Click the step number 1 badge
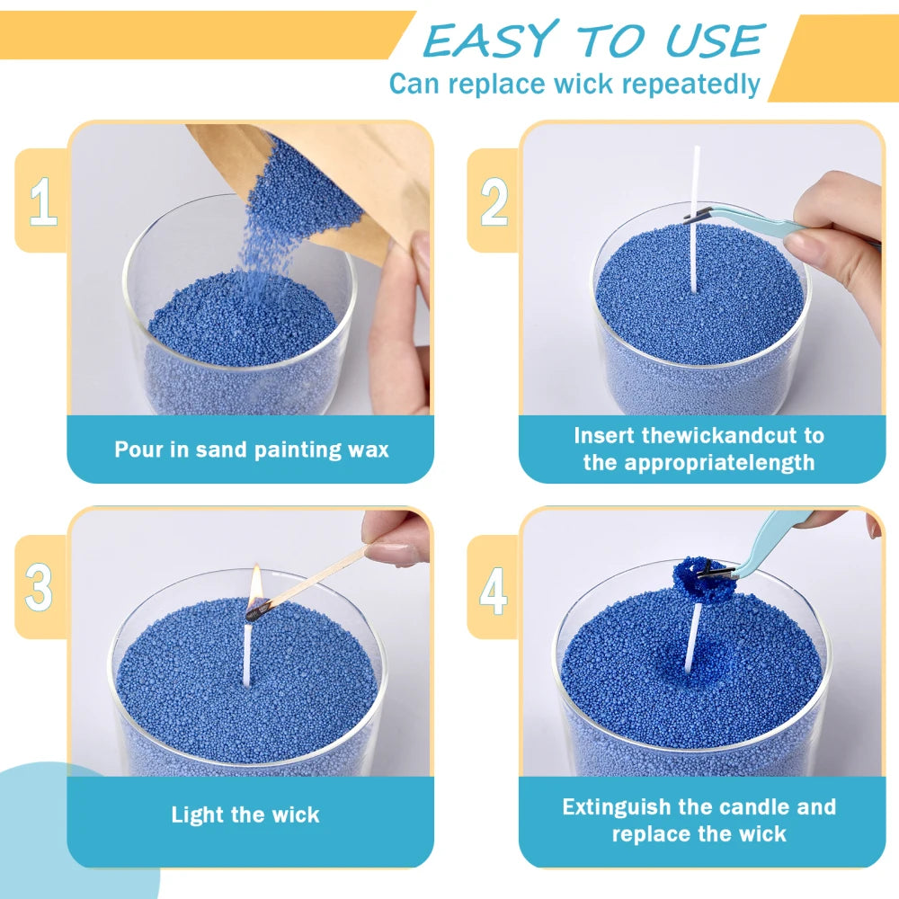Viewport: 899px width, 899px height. (42, 200)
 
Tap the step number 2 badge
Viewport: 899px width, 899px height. (494, 200)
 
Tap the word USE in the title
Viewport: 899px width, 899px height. (715, 40)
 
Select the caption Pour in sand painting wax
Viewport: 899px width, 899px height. (251, 449)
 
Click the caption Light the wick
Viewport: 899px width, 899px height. (245, 815)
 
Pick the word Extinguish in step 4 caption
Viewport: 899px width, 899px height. (618, 806)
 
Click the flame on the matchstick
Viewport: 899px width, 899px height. (255, 586)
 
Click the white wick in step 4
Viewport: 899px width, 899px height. (692, 638)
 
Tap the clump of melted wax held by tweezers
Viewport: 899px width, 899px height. (699, 584)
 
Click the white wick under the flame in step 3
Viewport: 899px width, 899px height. (247, 652)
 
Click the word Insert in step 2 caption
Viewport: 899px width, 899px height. (605, 436)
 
